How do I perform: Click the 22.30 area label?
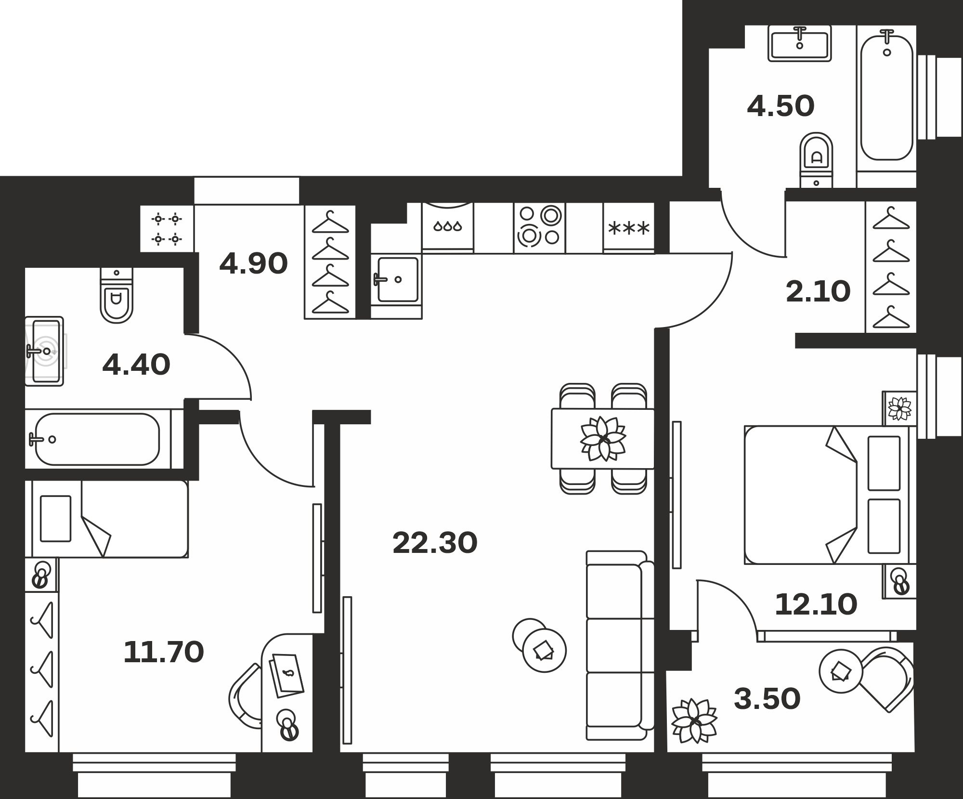tap(435, 543)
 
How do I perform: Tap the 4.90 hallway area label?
tap(253, 264)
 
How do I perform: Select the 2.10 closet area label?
tap(818, 292)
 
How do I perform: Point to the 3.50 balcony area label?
tap(767, 699)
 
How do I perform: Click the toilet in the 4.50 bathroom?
tap(816, 160)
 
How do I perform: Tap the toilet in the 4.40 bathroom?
tap(117, 295)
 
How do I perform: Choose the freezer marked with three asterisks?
tap(628, 227)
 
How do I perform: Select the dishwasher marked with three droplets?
tap(448, 227)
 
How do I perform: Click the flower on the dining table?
tap(603, 438)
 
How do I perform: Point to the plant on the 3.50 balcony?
tap(694, 721)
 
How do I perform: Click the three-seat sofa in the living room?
tap(620, 645)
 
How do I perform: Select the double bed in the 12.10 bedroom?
tap(830, 495)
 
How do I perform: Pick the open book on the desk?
tap(287, 675)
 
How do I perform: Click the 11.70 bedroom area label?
tap(164, 653)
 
